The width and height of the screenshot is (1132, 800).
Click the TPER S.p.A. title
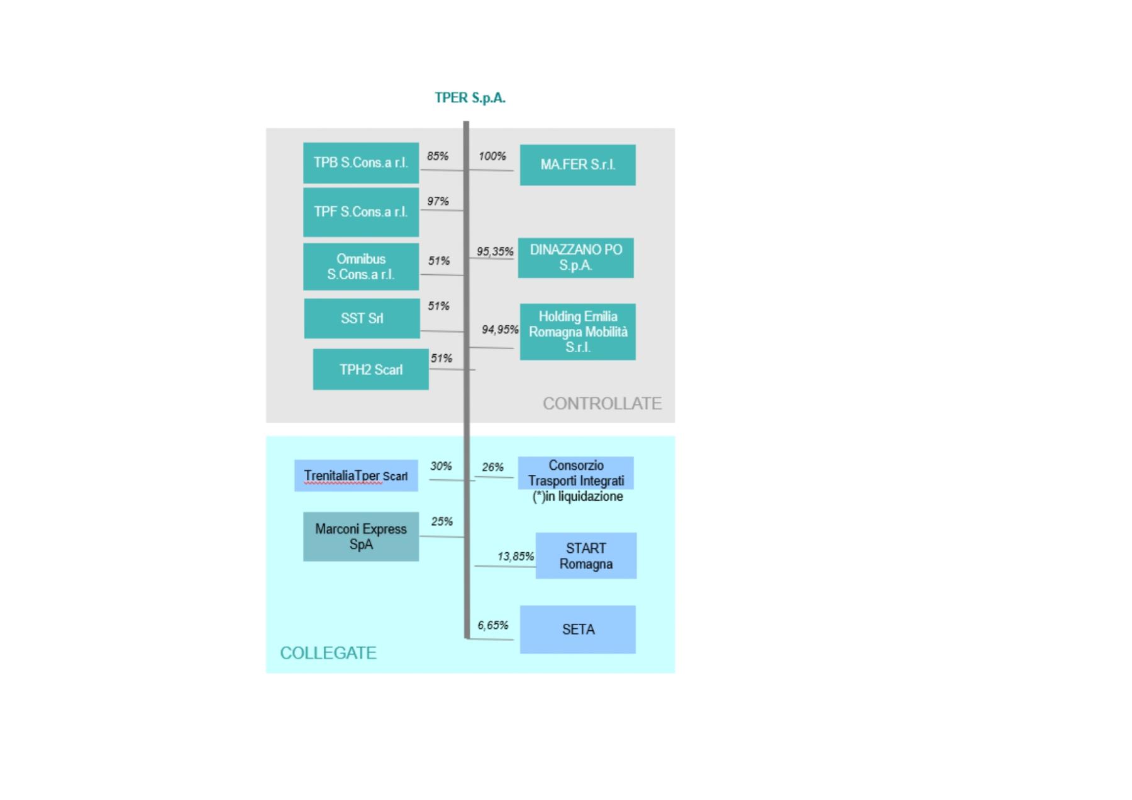tap(470, 98)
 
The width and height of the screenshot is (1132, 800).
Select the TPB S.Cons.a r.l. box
tap(361, 163)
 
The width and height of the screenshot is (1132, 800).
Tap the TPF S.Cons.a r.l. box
tap(361, 212)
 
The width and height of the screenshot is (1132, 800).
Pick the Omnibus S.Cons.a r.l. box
tap(361, 267)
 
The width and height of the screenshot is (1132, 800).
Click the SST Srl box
tap(362, 319)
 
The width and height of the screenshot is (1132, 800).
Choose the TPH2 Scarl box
tap(370, 370)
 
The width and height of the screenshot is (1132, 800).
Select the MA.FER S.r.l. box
tap(577, 165)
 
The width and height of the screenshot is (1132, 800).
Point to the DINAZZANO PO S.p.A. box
tap(575, 258)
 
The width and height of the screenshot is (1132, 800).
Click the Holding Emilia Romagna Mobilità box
tap(577, 332)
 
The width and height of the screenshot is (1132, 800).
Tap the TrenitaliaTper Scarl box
tap(356, 476)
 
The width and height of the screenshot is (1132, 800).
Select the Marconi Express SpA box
tap(361, 537)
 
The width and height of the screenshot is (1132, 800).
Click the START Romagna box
tap(585, 556)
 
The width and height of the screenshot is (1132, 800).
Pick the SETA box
tap(577, 630)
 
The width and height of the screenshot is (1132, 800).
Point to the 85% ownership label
tap(438, 156)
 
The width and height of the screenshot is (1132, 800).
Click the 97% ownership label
tap(438, 201)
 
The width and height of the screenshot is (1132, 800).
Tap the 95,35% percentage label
tap(495, 252)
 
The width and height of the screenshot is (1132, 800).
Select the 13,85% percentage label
tap(516, 557)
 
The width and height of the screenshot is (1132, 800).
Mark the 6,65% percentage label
tap(493, 625)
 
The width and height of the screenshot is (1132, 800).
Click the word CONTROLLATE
tap(602, 404)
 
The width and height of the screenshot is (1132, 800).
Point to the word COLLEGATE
tap(328, 653)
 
